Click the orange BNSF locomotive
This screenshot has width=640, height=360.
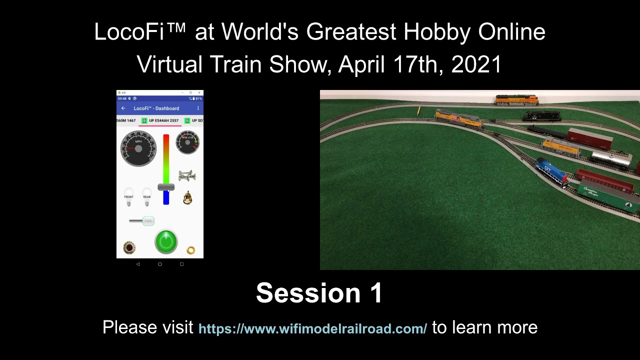(516, 99)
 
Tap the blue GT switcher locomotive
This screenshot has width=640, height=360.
(551, 171)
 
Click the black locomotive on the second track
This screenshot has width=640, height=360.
(541, 116)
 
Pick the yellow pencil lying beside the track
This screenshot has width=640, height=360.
(418, 110)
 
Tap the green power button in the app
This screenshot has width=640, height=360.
(166, 241)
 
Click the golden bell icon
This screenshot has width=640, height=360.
(187, 198)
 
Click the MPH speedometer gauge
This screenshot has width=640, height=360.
(138, 148)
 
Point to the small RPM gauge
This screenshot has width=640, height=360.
(187, 142)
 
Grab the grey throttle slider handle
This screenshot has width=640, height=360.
(166, 187)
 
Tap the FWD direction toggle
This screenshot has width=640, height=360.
(147, 221)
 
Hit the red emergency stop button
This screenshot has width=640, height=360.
(129, 247)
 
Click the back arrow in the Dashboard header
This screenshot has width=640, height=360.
(123, 108)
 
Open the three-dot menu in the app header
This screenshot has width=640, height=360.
(198, 108)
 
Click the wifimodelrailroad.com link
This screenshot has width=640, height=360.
(312, 329)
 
